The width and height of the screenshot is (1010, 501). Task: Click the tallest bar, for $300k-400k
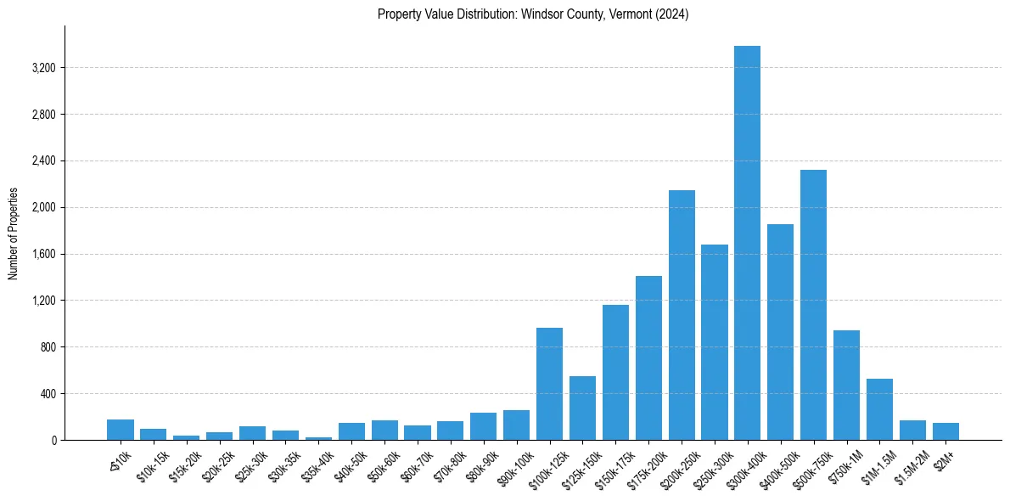click(x=747, y=243)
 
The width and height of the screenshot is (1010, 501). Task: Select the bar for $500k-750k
click(x=813, y=305)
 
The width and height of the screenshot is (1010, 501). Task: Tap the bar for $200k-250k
click(x=682, y=315)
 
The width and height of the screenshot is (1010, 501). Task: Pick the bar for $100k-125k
click(x=549, y=384)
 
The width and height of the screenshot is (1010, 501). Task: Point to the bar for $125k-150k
click(x=582, y=408)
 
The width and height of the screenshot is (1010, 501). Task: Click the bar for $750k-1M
click(x=846, y=386)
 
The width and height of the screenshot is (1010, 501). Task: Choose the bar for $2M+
click(x=945, y=431)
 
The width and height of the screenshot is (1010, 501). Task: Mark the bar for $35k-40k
click(x=318, y=438)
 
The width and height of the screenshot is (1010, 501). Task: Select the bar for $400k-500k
click(x=780, y=332)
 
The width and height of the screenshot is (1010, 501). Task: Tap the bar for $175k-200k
click(x=648, y=358)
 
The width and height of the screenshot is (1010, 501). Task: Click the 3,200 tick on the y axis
click(x=42, y=68)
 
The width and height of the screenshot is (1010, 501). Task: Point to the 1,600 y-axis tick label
click(x=42, y=254)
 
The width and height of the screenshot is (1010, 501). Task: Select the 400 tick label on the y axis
click(x=47, y=394)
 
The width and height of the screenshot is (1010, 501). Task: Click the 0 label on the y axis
click(x=53, y=441)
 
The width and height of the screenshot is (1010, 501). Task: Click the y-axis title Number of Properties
click(x=14, y=234)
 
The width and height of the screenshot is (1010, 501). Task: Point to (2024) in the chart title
click(x=671, y=14)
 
